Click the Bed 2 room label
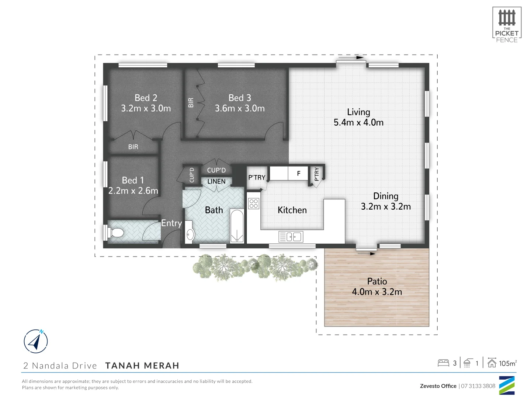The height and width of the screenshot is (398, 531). pyautogui.click(x=146, y=98)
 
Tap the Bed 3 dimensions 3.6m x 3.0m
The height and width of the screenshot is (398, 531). pyautogui.click(x=240, y=108)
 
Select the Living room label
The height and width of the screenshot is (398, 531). pyautogui.click(x=358, y=112)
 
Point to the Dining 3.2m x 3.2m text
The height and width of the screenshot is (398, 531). pyautogui.click(x=386, y=202)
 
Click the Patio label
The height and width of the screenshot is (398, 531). pyautogui.click(x=377, y=282)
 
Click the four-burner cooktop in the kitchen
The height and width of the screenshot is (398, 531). pyautogui.click(x=254, y=203)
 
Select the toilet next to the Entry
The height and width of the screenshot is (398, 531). pyautogui.click(x=115, y=233)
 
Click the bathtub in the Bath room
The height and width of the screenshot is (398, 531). pyautogui.click(x=237, y=226)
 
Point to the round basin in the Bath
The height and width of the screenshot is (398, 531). pyautogui.click(x=190, y=234)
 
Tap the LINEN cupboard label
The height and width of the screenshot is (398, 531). pyautogui.click(x=216, y=182)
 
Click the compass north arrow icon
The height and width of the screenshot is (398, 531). pyautogui.click(x=36, y=341)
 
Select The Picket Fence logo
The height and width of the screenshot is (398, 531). pyautogui.click(x=507, y=25)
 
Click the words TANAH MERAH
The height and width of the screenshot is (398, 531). pyautogui.click(x=142, y=366)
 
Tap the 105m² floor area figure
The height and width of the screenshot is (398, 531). pyautogui.click(x=507, y=363)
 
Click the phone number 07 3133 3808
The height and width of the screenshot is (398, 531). pyautogui.click(x=478, y=386)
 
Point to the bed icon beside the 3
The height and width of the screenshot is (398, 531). pyautogui.click(x=443, y=363)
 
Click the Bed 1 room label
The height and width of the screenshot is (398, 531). pyautogui.click(x=133, y=180)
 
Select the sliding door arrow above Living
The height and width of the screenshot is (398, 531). pyautogui.click(x=350, y=58)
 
